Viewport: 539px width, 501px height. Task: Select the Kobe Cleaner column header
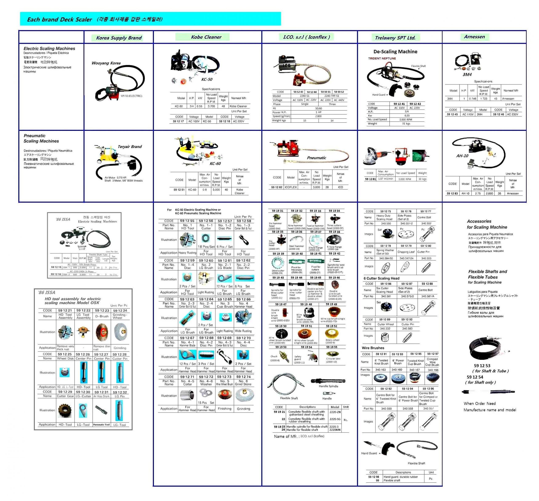206,37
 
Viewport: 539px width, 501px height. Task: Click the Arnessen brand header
474,37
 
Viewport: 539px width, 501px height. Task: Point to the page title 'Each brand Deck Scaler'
59,19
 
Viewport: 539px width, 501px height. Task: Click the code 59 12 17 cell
178,121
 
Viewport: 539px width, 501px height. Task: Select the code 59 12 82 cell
276,187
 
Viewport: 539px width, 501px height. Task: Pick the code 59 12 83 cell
452,193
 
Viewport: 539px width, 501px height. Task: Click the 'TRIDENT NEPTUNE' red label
382,58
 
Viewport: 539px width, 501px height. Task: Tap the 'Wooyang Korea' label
106,63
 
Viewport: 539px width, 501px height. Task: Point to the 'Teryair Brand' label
129,146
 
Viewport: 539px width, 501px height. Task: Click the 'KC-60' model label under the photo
215,163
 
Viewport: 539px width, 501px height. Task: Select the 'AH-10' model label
462,156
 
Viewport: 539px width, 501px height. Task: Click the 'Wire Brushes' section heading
373,348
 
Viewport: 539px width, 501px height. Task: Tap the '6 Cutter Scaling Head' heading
381,278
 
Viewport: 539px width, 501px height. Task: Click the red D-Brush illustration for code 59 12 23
102,332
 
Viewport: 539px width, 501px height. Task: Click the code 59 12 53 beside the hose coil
482,366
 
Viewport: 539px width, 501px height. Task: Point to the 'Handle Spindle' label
328,386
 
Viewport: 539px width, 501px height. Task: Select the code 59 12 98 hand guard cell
374,477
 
